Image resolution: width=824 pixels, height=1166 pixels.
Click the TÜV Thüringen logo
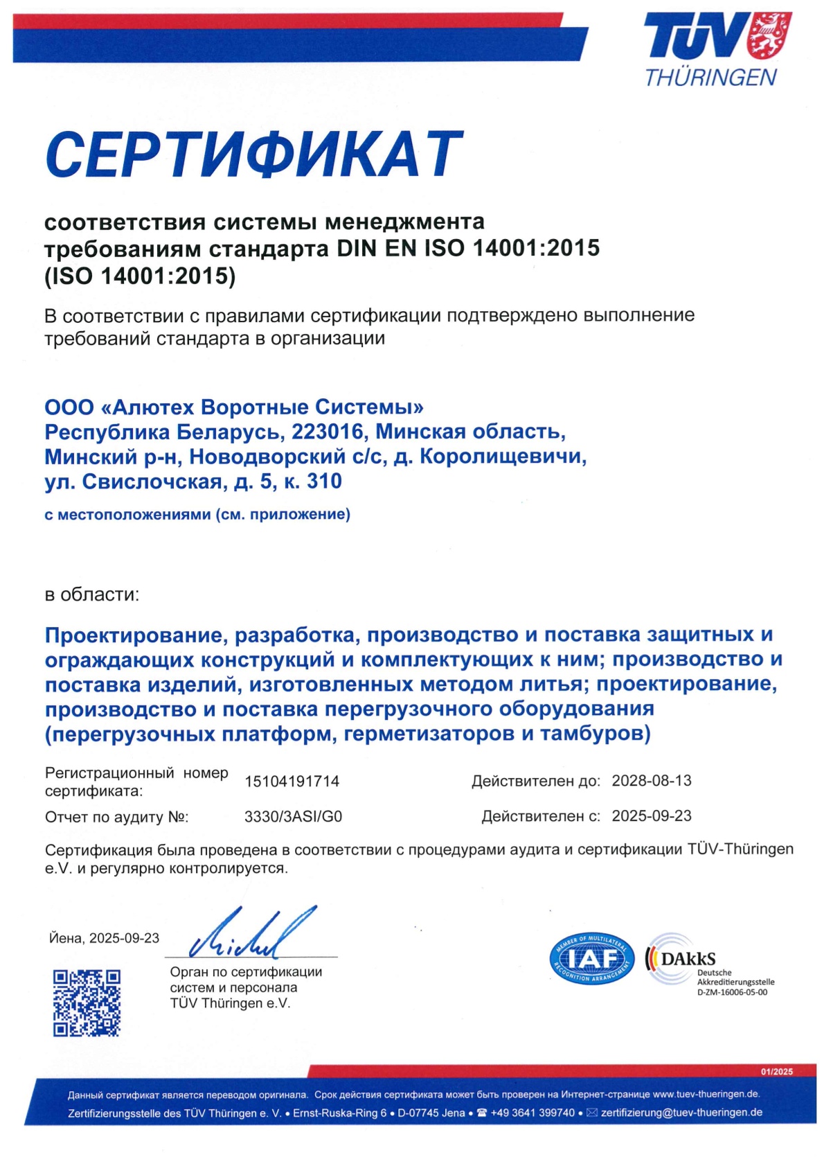click(x=717, y=48)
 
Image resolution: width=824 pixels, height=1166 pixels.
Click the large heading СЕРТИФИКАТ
click(x=253, y=154)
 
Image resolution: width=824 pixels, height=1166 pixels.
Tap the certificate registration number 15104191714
click(x=292, y=781)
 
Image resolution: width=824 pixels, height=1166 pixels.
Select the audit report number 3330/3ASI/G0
click(x=293, y=817)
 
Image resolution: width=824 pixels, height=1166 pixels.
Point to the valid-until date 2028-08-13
click(x=651, y=781)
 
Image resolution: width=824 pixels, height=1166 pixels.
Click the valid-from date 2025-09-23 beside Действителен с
click(x=651, y=816)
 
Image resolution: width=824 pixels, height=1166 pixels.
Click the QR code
click(x=87, y=1002)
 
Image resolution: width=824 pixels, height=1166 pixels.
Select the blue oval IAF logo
click(x=592, y=960)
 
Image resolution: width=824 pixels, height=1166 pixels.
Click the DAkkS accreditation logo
click(x=682, y=960)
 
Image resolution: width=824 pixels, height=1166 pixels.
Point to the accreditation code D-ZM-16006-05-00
click(x=732, y=992)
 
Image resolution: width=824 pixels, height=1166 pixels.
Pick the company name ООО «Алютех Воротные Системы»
click(x=234, y=407)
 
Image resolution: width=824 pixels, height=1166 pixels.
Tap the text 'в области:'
click(x=92, y=594)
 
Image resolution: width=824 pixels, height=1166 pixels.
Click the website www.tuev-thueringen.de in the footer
click(x=706, y=1094)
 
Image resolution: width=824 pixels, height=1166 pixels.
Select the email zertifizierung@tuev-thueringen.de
click(x=681, y=1113)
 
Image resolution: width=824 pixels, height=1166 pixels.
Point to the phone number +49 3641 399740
click(x=532, y=1113)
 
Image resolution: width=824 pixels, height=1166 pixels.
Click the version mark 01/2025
click(x=776, y=1072)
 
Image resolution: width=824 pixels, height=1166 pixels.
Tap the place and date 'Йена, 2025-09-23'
click(x=104, y=938)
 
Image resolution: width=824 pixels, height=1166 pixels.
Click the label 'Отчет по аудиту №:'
click(x=116, y=818)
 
